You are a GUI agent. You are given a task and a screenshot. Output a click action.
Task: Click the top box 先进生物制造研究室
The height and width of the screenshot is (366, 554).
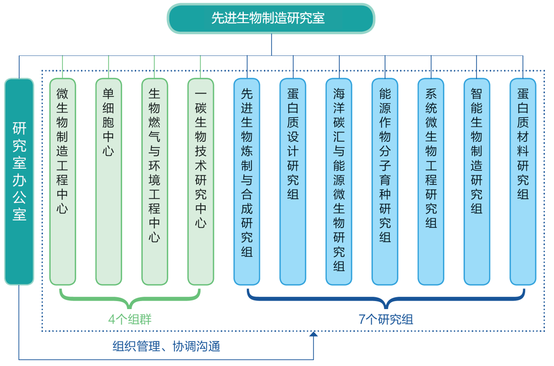click(271, 19)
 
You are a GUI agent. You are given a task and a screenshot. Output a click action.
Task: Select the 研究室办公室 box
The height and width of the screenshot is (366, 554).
click(19, 181)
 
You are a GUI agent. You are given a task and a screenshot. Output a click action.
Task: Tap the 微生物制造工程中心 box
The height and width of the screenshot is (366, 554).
click(63, 181)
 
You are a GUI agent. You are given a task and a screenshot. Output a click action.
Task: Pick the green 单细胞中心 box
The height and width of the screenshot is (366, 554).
click(109, 181)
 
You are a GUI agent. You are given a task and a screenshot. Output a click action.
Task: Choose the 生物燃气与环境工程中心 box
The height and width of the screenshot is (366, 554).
click(154, 181)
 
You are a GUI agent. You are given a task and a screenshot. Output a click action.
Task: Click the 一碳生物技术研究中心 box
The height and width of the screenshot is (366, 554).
click(201, 181)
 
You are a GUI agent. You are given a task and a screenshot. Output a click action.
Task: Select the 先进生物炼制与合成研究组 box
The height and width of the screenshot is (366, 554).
click(247, 181)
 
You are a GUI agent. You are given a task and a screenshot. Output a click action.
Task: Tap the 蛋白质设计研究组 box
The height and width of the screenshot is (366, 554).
click(293, 181)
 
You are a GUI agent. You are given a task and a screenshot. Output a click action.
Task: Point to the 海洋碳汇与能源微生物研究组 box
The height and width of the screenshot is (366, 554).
click(339, 181)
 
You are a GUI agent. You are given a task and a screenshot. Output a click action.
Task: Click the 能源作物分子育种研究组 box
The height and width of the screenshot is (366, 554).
click(385, 181)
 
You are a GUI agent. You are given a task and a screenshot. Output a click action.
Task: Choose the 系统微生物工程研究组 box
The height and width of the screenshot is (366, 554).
click(431, 181)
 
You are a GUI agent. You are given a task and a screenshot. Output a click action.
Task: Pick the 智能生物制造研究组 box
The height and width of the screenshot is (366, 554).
click(477, 181)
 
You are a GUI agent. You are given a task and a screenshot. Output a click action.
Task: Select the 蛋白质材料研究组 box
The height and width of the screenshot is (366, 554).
click(523, 181)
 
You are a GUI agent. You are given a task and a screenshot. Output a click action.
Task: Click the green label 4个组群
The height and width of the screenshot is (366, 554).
click(130, 319)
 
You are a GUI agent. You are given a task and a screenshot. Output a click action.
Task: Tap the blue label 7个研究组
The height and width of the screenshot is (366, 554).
click(386, 319)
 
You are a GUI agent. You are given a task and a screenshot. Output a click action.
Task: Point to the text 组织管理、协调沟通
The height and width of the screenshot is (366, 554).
click(166, 346)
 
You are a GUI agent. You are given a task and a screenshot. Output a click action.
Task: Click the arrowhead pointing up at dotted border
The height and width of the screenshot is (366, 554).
click(314, 334)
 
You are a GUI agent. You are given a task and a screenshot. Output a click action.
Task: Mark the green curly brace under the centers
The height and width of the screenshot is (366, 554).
click(130, 300)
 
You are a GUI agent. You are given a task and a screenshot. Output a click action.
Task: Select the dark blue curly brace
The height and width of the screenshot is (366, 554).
click(386, 300)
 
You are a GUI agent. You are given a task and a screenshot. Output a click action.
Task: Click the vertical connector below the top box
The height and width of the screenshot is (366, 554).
click(271, 44)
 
